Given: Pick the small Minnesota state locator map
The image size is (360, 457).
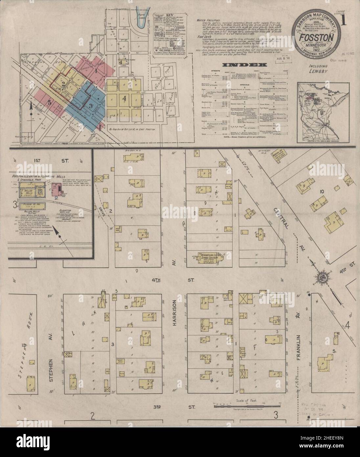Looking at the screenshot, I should pyautogui.click(x=317, y=112).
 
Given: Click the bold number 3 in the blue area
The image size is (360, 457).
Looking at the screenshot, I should pyautogui.click(x=90, y=106).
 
